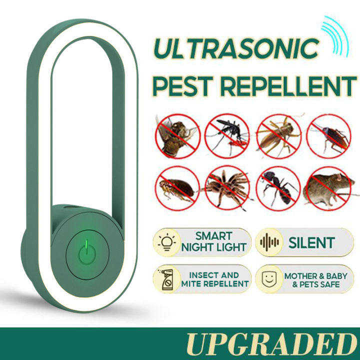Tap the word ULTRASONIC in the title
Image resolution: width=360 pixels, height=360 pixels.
(235, 49)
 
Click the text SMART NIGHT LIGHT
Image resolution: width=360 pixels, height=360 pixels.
(214, 242)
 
